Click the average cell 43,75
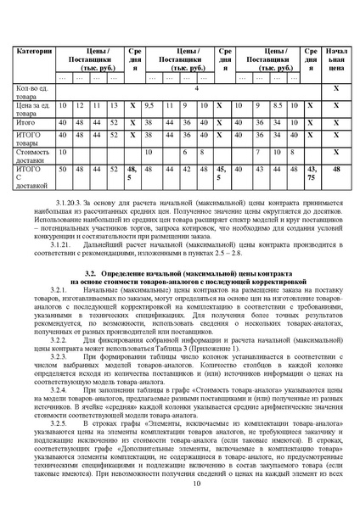[x=313, y=173]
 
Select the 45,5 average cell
[x=222, y=173]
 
